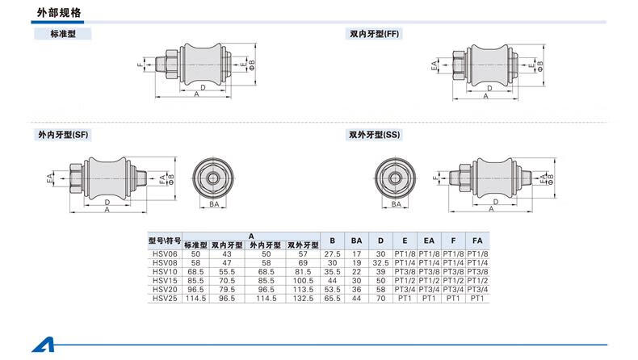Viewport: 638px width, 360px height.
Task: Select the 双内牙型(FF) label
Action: tap(374, 35)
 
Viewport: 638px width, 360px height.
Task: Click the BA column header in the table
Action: tap(355, 241)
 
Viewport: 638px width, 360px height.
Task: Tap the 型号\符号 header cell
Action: tap(165, 241)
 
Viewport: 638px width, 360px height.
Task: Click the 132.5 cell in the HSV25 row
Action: tap(303, 298)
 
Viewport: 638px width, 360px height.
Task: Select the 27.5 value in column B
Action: tap(331, 253)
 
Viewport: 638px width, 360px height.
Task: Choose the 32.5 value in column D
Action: tap(380, 262)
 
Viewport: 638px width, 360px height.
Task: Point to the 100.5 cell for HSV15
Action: tap(303, 280)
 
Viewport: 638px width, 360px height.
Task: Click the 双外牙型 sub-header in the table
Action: tap(303, 245)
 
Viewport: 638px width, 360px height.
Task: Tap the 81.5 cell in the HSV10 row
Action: tap(303, 271)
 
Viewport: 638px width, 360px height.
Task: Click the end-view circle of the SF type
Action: tap(215, 177)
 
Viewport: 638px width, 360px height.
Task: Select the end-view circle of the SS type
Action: tap(397, 177)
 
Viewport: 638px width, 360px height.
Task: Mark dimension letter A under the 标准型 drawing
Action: tap(196, 94)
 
